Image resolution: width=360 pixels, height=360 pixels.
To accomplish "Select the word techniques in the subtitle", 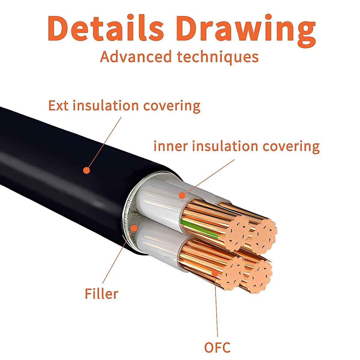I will click(x=217, y=57).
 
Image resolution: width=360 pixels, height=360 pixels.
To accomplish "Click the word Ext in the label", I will click(x=58, y=106).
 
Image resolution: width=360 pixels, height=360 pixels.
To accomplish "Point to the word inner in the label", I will click(x=171, y=146).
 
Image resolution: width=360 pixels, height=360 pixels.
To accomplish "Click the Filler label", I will click(x=101, y=293).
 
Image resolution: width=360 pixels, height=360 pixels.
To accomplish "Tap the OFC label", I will click(x=217, y=347).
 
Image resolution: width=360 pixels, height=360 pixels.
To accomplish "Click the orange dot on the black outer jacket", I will click(x=86, y=170).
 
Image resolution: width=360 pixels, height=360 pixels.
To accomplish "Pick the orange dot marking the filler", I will click(x=134, y=228).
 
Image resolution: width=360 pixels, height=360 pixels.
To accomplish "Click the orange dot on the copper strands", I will click(x=215, y=273).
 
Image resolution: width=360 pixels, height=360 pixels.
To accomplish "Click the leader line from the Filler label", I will click(x=118, y=255).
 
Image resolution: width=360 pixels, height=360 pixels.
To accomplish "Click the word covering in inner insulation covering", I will click(x=291, y=146).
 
